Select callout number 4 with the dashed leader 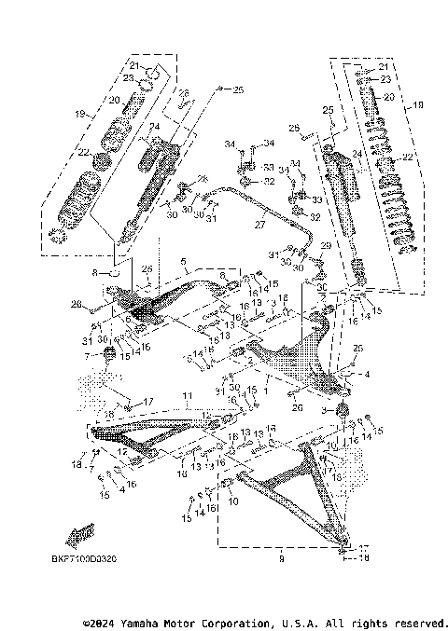pyautogui.click(x=367, y=376)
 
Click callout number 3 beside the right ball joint pyautogui.click(x=325, y=409)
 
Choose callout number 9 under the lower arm pyautogui.click(x=281, y=559)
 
